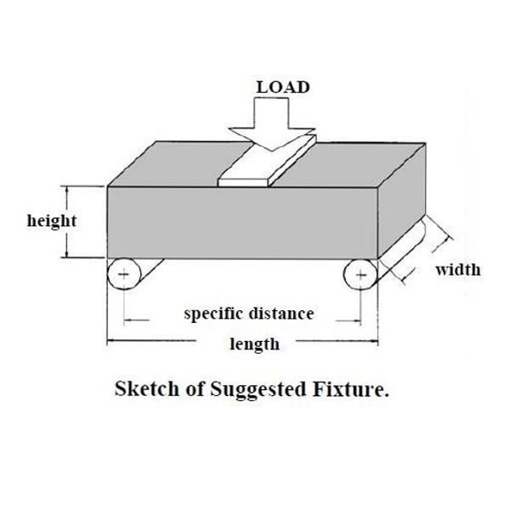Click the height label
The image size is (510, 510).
52,221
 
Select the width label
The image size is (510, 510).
458,270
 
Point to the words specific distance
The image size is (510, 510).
249,314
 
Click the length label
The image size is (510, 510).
254,344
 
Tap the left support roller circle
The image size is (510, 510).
124,274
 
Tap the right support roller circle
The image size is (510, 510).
360,275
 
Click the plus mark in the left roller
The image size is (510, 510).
124,275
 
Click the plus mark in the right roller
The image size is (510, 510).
361,275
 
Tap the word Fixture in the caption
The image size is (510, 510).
357,391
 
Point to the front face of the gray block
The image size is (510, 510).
238,221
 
